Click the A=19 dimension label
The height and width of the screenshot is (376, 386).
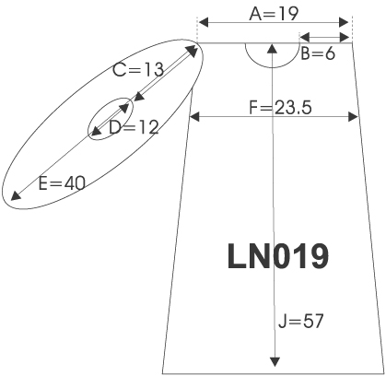tap(274, 14)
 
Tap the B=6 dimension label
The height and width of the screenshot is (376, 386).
tap(318, 53)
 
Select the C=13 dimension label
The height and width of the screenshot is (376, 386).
tap(138, 70)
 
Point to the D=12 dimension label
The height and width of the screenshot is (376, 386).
tap(134, 127)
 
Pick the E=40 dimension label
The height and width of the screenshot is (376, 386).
tap(62, 183)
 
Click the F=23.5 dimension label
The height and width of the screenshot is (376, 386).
tap(280, 108)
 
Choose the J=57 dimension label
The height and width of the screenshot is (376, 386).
tap(301, 322)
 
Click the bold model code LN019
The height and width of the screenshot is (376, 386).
tap(278, 256)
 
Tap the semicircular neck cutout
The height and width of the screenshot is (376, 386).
tap(272, 66)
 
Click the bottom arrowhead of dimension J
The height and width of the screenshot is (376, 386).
tap(275, 362)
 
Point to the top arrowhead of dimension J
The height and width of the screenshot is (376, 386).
tap(273, 48)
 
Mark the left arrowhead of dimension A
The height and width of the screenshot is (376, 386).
tap(204, 22)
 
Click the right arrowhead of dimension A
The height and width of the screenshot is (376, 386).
tap(344, 22)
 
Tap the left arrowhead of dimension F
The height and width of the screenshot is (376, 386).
tap(194, 117)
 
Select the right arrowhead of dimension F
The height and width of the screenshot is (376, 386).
tap(353, 117)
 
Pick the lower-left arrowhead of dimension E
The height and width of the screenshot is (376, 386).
tap(16, 195)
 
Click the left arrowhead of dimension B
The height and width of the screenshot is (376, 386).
tap(305, 38)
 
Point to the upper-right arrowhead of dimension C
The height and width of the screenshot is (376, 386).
tap(192, 51)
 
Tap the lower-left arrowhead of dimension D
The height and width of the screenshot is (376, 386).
tap(96, 131)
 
